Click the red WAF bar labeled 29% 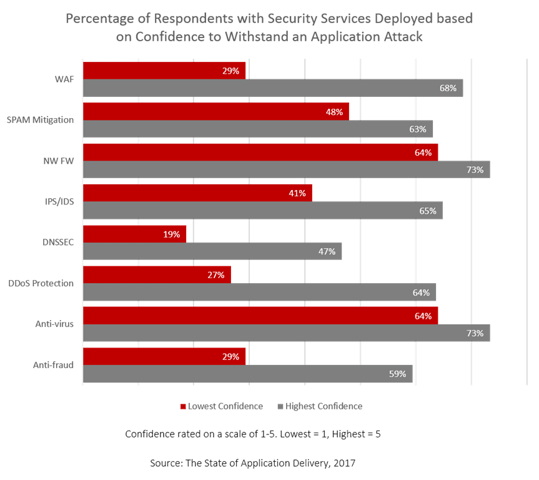pyautogui.click(x=164, y=71)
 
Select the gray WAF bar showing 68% pyautogui.click(x=273, y=88)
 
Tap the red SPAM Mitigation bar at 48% pyautogui.click(x=215, y=112)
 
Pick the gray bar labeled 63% pyautogui.click(x=257, y=129)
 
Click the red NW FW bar pyautogui.click(x=260, y=152)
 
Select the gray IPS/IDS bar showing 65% pyautogui.click(x=262, y=211)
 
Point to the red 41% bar pyautogui.click(x=197, y=193)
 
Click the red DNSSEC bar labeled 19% pyautogui.click(x=134, y=234)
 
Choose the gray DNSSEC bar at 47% pyautogui.click(x=212, y=251)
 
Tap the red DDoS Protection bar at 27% pyautogui.click(x=157, y=274)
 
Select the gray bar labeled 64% pyautogui.click(x=259, y=292)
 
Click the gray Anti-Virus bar pyautogui.click(x=286, y=333)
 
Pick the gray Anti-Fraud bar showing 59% pyautogui.click(x=247, y=374)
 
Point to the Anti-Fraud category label pyautogui.click(x=56, y=366)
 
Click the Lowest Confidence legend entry pyautogui.click(x=222, y=406)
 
